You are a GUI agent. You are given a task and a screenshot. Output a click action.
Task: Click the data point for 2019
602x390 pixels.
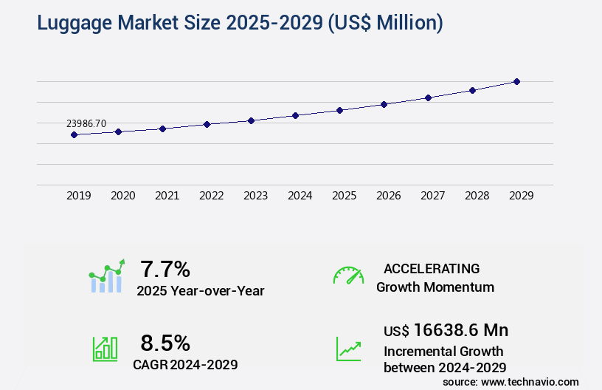click(74, 134)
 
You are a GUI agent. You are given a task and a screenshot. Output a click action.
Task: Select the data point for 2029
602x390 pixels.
click(516, 81)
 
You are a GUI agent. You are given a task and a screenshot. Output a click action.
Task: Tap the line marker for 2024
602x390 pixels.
click(295, 115)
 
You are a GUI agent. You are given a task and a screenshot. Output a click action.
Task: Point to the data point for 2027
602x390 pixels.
click(428, 97)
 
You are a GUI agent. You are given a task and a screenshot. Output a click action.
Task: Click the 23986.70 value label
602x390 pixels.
click(86, 123)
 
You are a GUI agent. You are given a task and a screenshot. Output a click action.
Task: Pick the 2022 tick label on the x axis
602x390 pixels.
click(211, 196)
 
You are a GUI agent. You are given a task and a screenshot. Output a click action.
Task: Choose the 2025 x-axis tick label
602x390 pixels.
click(344, 196)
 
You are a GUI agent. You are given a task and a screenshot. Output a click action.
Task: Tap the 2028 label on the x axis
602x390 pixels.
click(477, 196)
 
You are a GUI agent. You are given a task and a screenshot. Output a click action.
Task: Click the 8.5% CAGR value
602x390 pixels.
click(165, 343)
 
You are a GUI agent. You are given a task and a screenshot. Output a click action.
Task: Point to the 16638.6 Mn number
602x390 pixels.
click(461, 329)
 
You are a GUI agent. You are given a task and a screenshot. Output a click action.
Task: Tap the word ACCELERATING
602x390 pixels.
click(432, 268)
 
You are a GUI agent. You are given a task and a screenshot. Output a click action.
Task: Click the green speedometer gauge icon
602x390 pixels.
click(348, 276)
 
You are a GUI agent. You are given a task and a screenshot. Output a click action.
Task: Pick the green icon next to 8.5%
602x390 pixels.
click(105, 349)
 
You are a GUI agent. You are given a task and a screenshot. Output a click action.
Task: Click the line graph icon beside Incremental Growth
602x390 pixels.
click(348, 349)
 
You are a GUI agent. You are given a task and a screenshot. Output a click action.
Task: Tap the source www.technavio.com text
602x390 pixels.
click(511, 381)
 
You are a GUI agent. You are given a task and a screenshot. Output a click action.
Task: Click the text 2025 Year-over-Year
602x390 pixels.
click(200, 290)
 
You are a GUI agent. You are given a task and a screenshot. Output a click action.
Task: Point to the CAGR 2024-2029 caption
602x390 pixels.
click(185, 364)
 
